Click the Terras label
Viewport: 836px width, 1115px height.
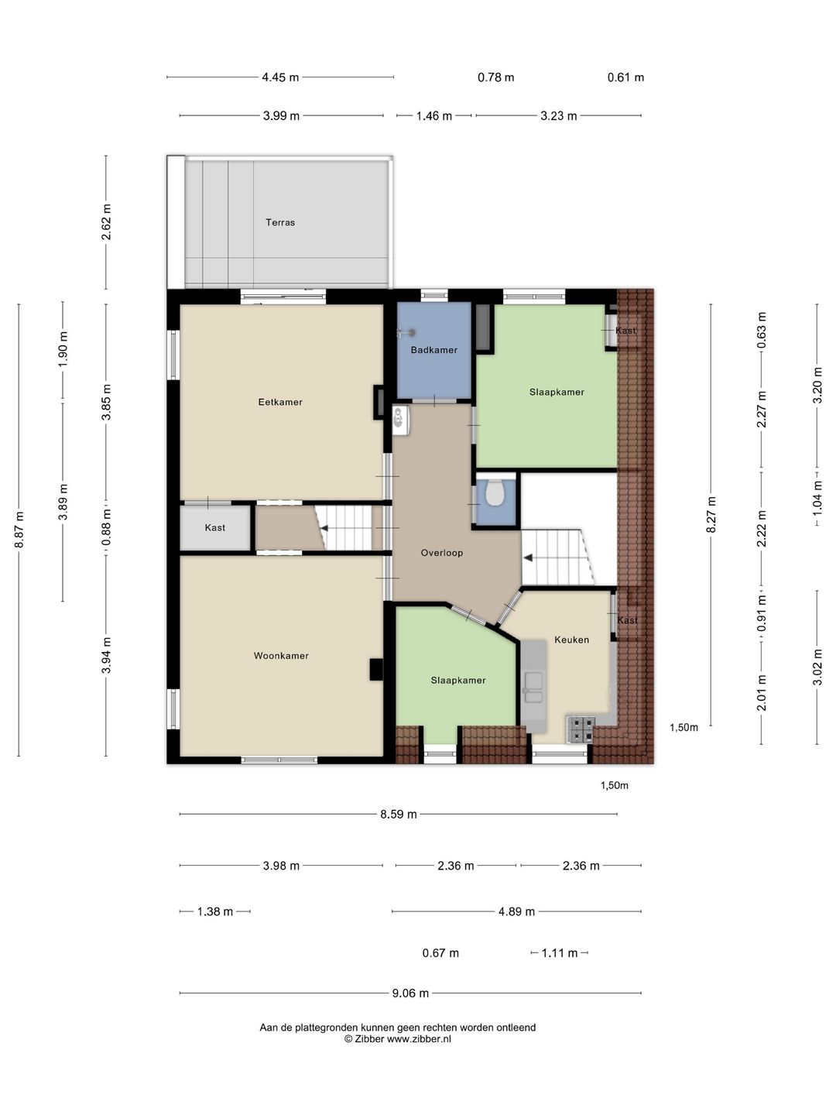pos(280,222)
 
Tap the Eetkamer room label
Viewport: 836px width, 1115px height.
pos(280,402)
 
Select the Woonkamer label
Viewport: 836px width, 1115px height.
pos(281,655)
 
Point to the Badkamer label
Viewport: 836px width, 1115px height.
pos(434,349)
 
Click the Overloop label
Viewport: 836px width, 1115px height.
pos(441,553)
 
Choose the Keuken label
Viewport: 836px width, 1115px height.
pos(571,640)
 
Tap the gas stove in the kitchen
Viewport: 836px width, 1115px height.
pos(581,729)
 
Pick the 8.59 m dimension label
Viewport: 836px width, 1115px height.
pos(399,815)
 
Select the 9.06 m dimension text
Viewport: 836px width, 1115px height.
pos(410,993)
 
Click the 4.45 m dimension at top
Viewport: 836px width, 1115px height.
pos(280,77)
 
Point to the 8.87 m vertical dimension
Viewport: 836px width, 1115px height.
pos(19,530)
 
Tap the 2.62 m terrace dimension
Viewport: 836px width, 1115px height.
pos(106,222)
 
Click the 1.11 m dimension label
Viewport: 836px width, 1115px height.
pos(560,953)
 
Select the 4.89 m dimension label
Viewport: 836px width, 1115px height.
pos(516,911)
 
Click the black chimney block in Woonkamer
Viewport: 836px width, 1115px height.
pos(376,669)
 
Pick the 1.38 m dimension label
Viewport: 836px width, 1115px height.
pos(214,911)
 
